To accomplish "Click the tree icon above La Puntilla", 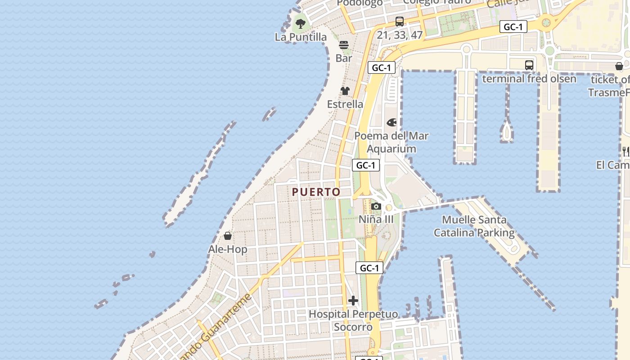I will tap(301, 23).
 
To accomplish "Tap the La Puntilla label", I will tap(301, 37).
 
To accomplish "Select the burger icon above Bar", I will tap(344, 45).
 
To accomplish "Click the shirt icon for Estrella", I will tap(345, 91).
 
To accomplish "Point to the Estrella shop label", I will tap(345, 104).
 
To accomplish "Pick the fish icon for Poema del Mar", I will tap(392, 122).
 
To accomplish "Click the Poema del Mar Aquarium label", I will tap(391, 142).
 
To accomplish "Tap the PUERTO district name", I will tap(316, 192).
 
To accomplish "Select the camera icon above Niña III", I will tap(376, 207).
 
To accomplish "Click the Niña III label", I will tap(376, 219).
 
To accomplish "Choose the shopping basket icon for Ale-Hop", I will tap(228, 236).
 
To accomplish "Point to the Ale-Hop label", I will tap(228, 249).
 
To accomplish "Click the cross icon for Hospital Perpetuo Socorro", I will tap(353, 301).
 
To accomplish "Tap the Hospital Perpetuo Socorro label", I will tap(353, 320).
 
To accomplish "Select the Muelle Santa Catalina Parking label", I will tap(474, 226).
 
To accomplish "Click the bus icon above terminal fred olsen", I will tap(529, 65).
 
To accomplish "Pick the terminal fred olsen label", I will tap(529, 79).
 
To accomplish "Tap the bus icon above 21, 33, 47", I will tap(400, 21).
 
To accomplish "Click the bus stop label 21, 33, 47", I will tap(400, 35).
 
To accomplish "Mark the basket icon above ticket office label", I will tap(619, 67).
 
